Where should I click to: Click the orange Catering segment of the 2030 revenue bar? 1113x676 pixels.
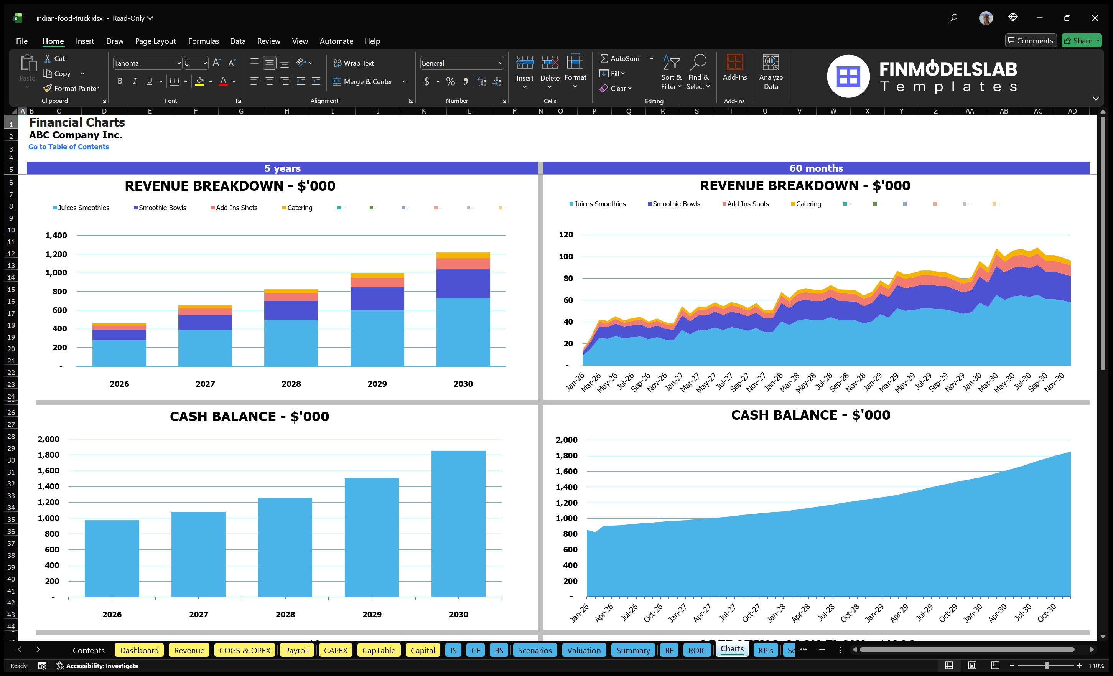point(463,255)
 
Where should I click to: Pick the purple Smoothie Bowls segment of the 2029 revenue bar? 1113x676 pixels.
point(377,298)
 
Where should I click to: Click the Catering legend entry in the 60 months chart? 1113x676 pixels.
point(808,204)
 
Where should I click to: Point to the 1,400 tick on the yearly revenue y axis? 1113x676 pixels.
point(56,236)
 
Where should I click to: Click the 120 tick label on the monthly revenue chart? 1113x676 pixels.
point(566,234)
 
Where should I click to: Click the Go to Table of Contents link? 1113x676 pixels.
point(68,147)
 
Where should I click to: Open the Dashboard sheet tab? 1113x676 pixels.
point(139,650)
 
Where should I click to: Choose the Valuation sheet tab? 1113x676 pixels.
point(584,650)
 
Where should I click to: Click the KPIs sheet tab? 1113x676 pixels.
point(766,650)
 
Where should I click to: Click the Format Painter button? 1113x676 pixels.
point(71,89)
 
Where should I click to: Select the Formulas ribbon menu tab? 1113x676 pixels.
point(203,41)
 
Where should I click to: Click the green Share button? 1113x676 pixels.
point(1081,41)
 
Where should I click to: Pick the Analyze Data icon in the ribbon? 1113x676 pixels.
point(771,72)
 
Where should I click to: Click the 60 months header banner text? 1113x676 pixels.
point(816,168)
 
